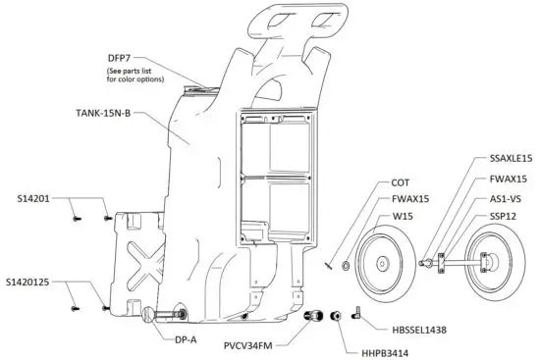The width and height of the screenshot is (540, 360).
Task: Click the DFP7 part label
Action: (x=119, y=58)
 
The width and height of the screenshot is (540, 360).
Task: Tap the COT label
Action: (x=400, y=182)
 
